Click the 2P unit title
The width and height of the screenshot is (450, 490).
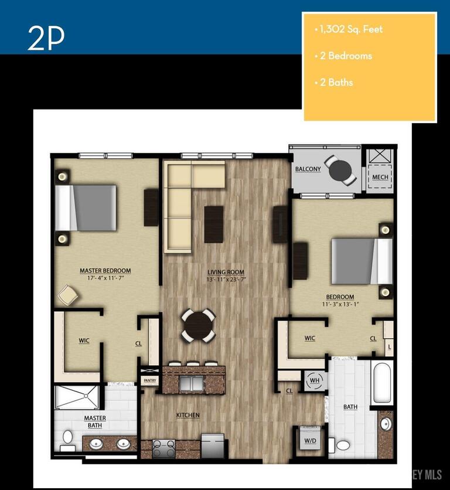[x=45, y=38]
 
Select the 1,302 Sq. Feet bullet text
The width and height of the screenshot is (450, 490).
[x=350, y=29]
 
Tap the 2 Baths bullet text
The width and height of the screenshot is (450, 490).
[x=336, y=83]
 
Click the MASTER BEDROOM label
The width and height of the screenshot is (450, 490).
[x=105, y=271]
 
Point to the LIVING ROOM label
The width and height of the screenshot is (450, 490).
[x=225, y=272]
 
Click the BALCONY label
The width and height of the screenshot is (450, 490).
[x=308, y=169]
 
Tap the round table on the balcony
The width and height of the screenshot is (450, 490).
[x=340, y=171]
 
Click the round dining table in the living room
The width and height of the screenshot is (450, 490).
[x=199, y=325]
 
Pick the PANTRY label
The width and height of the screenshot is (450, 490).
[x=150, y=382]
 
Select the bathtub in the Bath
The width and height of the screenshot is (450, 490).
[x=382, y=383]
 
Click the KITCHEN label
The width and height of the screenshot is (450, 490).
[x=188, y=416]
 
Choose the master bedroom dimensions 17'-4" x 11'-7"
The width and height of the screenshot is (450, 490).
[x=105, y=278]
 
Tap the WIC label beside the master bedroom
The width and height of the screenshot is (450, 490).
[x=84, y=340]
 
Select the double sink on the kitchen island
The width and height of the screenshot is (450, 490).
[x=191, y=383]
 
